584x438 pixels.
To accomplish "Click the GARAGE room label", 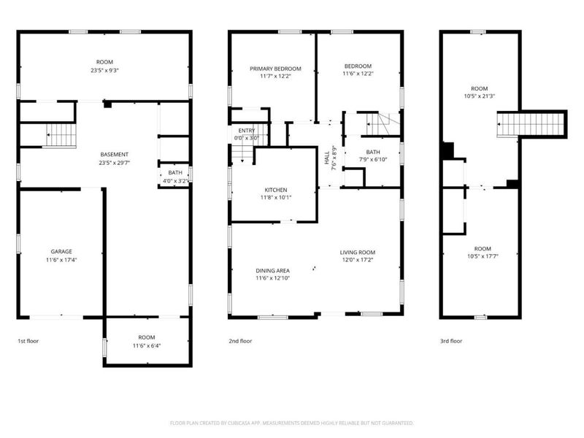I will pyautogui.click(x=61, y=252).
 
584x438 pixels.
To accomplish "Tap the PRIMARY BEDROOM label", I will pyautogui.click(x=276, y=69).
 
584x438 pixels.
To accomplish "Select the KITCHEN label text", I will pyautogui.click(x=276, y=189).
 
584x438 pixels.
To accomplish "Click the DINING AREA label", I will pyautogui.click(x=273, y=271).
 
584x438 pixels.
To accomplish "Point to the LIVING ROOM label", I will pyautogui.click(x=358, y=253).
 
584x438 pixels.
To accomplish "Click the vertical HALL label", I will pyautogui.click(x=326, y=156).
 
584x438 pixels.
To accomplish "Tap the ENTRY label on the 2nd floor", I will pyautogui.click(x=247, y=130).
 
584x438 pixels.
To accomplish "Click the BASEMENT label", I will pyautogui.click(x=115, y=154).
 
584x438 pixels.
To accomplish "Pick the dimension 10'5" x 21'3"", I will pyautogui.click(x=480, y=96).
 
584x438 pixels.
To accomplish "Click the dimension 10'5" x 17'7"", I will pyautogui.click(x=480, y=256).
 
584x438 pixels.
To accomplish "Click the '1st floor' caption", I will pyautogui.click(x=29, y=341).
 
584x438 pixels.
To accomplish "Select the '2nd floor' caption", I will pyautogui.click(x=240, y=341).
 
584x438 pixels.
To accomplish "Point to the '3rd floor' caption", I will pyautogui.click(x=451, y=341).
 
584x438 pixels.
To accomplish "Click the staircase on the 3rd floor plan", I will pyautogui.click(x=531, y=124).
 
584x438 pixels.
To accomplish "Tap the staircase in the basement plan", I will pyautogui.click(x=61, y=135).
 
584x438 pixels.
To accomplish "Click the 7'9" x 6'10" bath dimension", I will pyautogui.click(x=372, y=159).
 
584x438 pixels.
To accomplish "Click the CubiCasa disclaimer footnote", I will pyautogui.click(x=292, y=423).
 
